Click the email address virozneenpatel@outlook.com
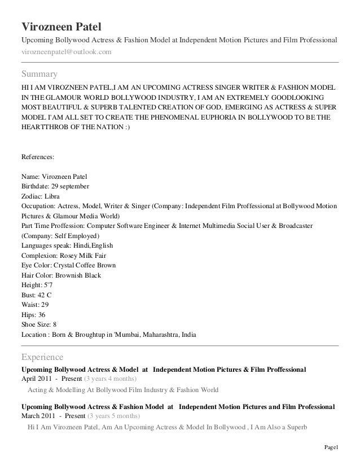coord(66,52)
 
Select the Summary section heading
coord(39,74)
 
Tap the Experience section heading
coord(42,357)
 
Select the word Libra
coord(55,196)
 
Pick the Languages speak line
coord(67,245)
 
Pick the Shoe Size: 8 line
coord(38,324)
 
